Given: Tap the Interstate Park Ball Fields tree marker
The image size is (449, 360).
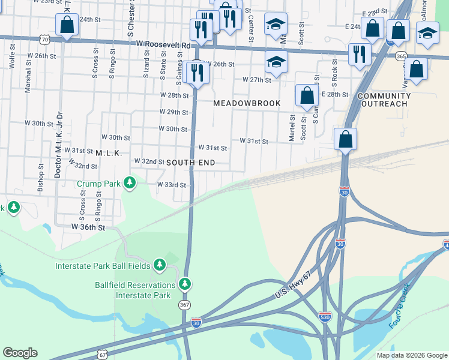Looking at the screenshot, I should pyautogui.click(x=159, y=265).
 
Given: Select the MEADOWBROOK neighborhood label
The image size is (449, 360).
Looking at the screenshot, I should pyautogui.click(x=247, y=103).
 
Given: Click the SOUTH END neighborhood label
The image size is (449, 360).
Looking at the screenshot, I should pyautogui.click(x=190, y=163).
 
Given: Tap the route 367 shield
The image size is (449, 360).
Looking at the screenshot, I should pyautogui.click(x=185, y=305).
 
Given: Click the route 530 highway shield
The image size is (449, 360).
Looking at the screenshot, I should pyautogui.click(x=325, y=316).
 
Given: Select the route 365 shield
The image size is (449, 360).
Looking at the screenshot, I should pyautogui.click(x=402, y=56).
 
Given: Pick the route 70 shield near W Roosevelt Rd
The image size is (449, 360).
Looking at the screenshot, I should pyautogui.click(x=44, y=40).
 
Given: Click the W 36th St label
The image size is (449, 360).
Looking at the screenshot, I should pyautogui.click(x=88, y=227).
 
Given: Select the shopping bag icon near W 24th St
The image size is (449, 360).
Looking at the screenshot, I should pyautogui.click(x=67, y=25).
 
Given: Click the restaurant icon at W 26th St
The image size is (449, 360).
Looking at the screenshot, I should pyautogui.click(x=196, y=73).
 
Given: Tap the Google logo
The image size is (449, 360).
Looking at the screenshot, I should pyautogui.click(x=20, y=353).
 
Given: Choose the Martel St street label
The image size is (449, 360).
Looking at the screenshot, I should pyautogui.click(x=292, y=128).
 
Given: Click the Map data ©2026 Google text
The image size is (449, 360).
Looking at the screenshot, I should pyautogui.click(x=411, y=355).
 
